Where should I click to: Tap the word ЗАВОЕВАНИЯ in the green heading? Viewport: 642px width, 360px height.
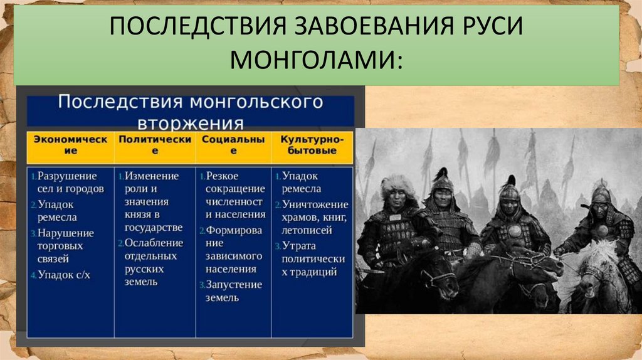[x=373, y=25]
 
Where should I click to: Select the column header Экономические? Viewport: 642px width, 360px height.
[x=70, y=145]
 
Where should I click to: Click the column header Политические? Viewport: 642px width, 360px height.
[x=155, y=145]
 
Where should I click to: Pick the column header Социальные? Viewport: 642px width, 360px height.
[x=233, y=145]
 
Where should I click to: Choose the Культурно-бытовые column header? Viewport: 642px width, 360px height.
[x=312, y=145]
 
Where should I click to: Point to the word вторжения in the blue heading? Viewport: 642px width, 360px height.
[x=191, y=123]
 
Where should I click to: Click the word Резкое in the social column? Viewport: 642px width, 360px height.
[x=222, y=176]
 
